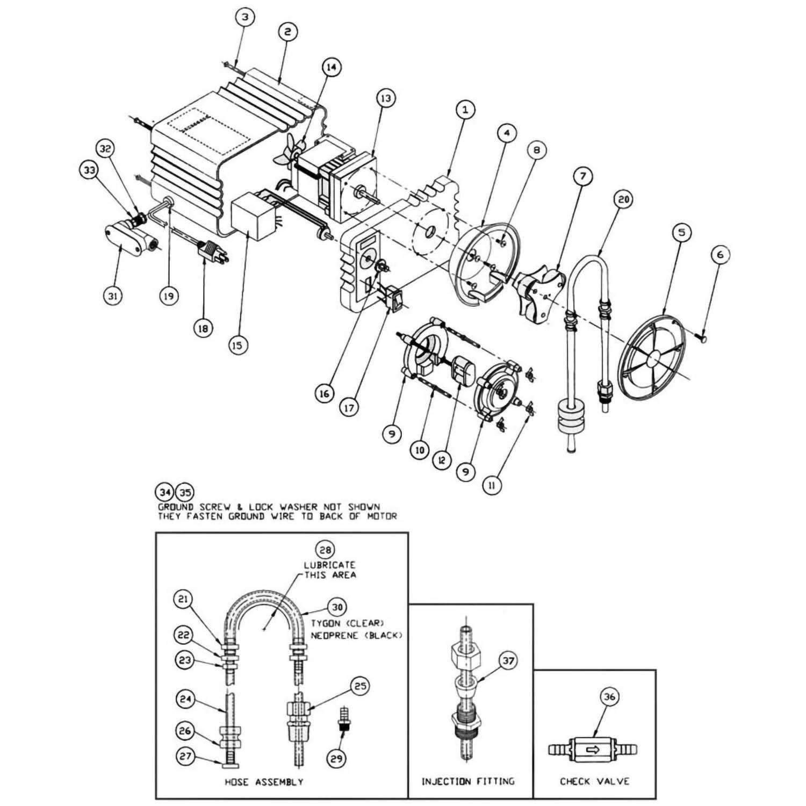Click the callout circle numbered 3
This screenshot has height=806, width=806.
pyautogui.click(x=245, y=17)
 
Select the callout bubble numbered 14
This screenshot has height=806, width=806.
pyautogui.click(x=332, y=67)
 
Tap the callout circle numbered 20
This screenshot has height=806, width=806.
pyautogui.click(x=623, y=200)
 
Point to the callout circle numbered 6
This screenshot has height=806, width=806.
pyautogui.click(x=721, y=254)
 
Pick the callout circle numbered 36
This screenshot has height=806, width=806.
pyautogui.click(x=609, y=697)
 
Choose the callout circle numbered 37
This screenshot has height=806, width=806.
pyautogui.click(x=508, y=660)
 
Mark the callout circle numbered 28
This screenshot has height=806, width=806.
pyautogui.click(x=326, y=550)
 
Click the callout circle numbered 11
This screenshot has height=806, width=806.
pyautogui.click(x=492, y=485)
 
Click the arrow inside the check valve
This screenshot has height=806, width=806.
pyautogui.click(x=593, y=749)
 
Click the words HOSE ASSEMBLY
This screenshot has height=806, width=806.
pyautogui.click(x=264, y=782)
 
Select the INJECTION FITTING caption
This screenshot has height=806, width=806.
pyautogui.click(x=468, y=781)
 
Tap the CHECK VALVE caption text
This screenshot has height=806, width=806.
pyautogui.click(x=594, y=781)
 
